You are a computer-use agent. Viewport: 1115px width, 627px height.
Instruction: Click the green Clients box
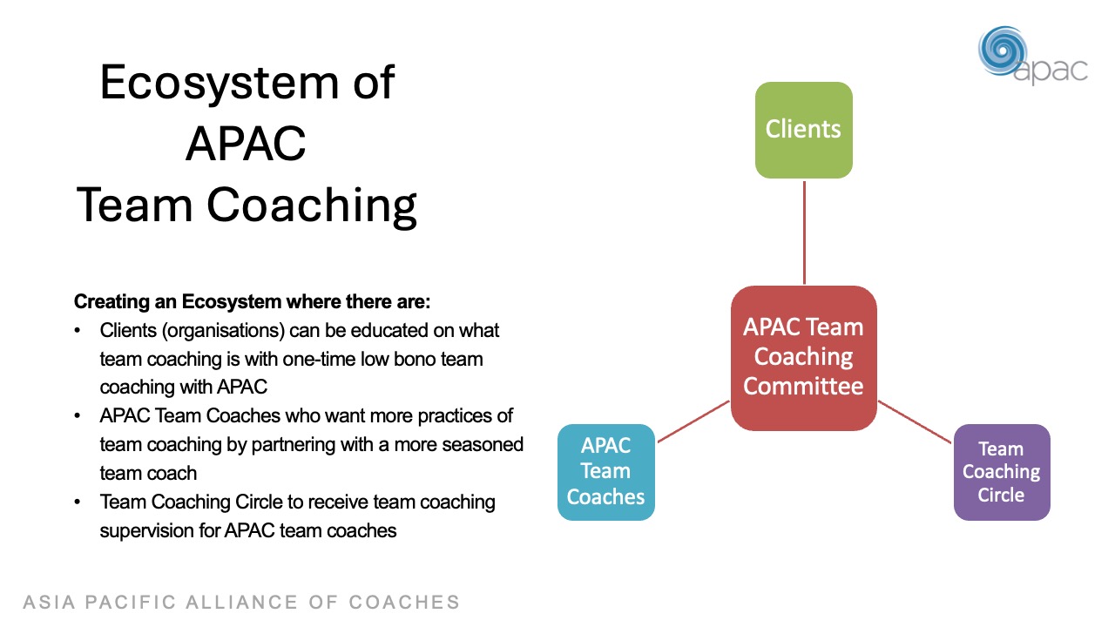pyautogui.click(x=803, y=130)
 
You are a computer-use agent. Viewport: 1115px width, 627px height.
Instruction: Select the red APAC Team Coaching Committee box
pyautogui.click(x=803, y=357)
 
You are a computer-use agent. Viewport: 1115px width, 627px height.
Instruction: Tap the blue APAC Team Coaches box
pyautogui.click(x=605, y=471)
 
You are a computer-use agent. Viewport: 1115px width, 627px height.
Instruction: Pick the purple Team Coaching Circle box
pyautogui.click(x=1001, y=471)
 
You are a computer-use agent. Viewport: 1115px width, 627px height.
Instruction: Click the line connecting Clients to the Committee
pyautogui.click(x=804, y=232)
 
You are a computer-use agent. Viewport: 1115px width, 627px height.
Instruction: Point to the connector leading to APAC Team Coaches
pyautogui.click(x=693, y=421)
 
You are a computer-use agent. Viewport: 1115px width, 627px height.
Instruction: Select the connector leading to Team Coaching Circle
pyautogui.click(x=915, y=421)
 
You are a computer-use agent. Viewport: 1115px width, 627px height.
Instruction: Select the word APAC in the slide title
pyautogui.click(x=246, y=144)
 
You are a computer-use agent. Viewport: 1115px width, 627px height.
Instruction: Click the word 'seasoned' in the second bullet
pyautogui.click(x=481, y=444)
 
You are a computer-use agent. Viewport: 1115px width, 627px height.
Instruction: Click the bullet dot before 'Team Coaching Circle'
pyautogui.click(x=78, y=502)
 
